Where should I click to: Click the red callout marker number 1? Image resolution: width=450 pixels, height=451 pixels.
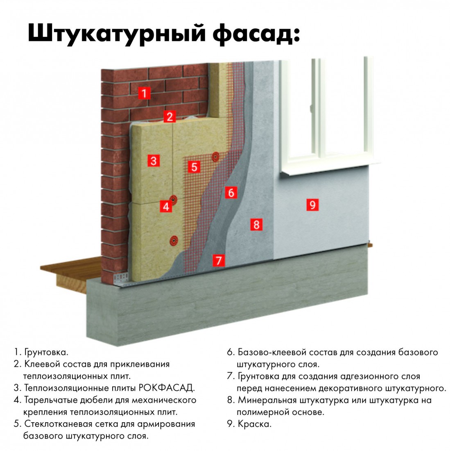[144, 93]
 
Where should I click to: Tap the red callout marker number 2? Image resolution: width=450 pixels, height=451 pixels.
[170, 116]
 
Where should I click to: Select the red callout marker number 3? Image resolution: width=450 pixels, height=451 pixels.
[154, 160]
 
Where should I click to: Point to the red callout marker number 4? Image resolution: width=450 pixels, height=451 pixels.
[165, 206]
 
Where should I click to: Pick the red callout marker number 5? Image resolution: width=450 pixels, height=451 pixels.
[194, 166]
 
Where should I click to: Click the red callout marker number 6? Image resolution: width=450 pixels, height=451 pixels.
[231, 192]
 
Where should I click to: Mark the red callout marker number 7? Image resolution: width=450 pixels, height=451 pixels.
[219, 260]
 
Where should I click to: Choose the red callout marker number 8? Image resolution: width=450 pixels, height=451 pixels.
[256, 224]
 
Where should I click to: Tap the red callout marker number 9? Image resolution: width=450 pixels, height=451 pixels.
[312, 204]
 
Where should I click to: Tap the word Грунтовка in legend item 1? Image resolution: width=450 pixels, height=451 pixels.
[46, 352]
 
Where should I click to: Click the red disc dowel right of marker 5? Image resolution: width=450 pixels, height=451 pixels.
[215, 156]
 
